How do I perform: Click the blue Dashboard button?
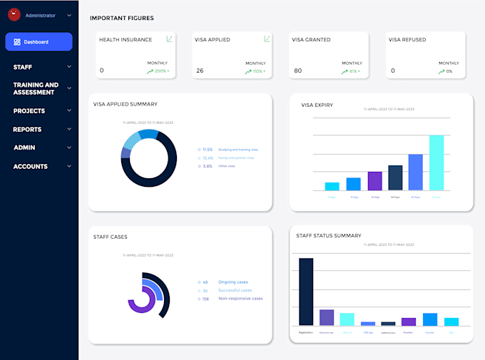(x=39, y=42)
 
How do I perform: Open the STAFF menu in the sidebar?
(x=23, y=67)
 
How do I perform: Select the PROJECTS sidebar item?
(x=29, y=111)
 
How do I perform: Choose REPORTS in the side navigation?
(x=27, y=130)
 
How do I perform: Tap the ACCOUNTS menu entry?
(x=31, y=167)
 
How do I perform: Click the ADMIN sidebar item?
(x=24, y=148)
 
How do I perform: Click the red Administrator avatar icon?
(x=14, y=14)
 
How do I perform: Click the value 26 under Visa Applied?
(x=200, y=71)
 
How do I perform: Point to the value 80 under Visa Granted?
(x=297, y=71)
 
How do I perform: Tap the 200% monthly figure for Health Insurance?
(x=161, y=71)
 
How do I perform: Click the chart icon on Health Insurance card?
(x=170, y=39)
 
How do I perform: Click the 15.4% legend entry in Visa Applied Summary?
(x=208, y=158)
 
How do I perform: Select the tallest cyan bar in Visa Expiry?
(x=436, y=163)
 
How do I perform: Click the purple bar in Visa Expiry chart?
(x=374, y=181)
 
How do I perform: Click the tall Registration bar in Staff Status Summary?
(x=306, y=291)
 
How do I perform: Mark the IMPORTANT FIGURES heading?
(x=121, y=18)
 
